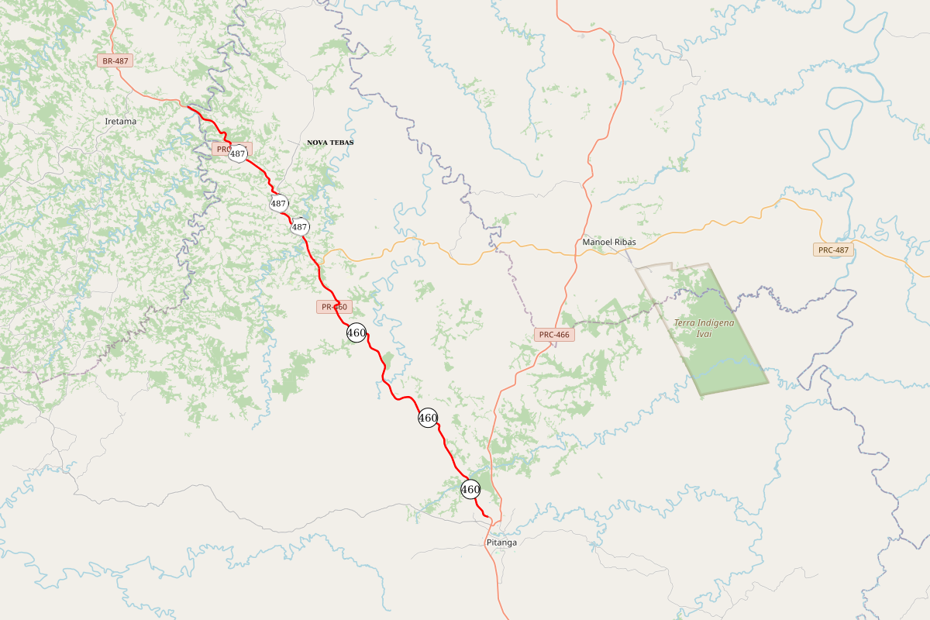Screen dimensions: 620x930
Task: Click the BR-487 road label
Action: click(x=115, y=60)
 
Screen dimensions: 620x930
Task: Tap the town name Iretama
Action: click(x=120, y=121)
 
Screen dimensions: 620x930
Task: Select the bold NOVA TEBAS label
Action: click(x=330, y=143)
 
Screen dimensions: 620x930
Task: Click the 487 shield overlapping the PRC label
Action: click(x=238, y=153)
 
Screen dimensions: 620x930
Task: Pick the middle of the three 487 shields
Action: click(x=279, y=204)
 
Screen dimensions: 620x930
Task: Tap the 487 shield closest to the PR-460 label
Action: click(x=300, y=227)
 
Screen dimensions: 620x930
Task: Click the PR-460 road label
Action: click(x=335, y=307)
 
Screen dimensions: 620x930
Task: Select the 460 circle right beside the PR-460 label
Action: click(x=356, y=333)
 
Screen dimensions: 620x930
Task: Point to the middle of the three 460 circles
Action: click(x=428, y=418)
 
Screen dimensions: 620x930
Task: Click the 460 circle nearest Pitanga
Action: click(x=470, y=490)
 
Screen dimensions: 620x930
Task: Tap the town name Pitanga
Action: click(x=501, y=542)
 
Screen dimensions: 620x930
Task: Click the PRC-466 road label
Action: click(x=554, y=335)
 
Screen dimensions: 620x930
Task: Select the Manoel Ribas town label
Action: click(x=609, y=243)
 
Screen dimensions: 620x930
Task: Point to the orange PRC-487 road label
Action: click(x=834, y=250)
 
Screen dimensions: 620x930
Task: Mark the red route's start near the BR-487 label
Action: click(x=188, y=106)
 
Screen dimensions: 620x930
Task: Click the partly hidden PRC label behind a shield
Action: click(x=222, y=148)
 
